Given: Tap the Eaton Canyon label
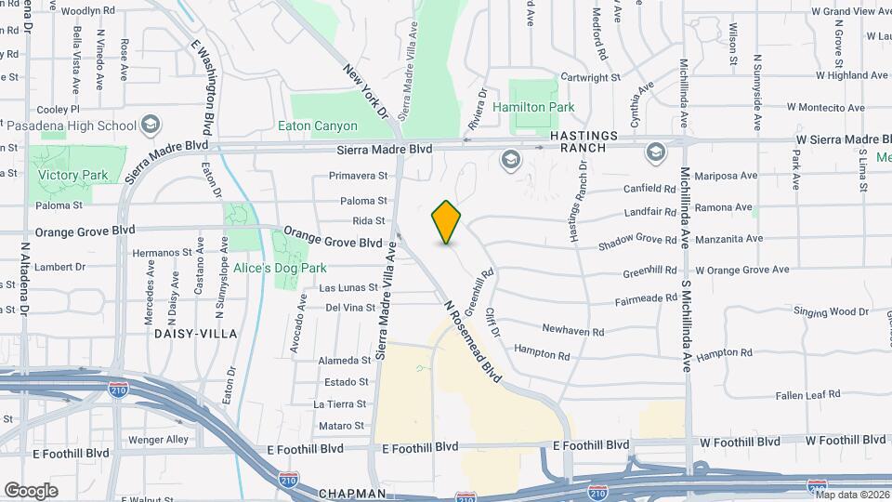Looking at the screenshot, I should [x=318, y=125].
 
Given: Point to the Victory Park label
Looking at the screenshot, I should [x=73, y=175].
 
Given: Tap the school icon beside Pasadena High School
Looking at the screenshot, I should [x=150, y=125].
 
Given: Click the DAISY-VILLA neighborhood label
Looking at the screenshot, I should [x=195, y=333].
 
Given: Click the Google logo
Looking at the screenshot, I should [x=31, y=490].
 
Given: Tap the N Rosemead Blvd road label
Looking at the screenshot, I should [x=471, y=341].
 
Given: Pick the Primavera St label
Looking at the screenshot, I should [x=357, y=176].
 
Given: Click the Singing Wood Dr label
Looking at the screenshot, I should [x=830, y=311].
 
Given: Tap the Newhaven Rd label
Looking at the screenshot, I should [x=573, y=330].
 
